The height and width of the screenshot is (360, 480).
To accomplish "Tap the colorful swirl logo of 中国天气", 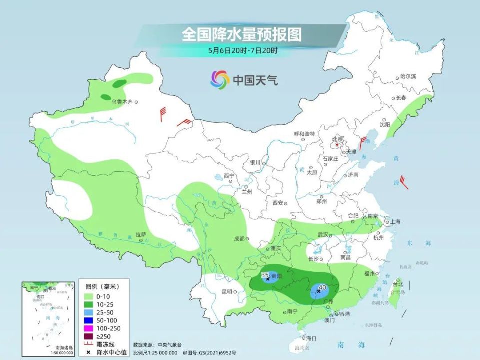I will [220, 79].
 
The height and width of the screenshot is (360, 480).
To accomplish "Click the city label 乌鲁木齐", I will [122, 102].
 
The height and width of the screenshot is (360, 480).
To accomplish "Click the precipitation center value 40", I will [322, 287].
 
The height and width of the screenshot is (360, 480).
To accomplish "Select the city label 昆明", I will [227, 291].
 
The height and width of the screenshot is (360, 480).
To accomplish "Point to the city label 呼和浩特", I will [304, 134].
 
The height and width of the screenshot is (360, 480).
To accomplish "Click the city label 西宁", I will [229, 176].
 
